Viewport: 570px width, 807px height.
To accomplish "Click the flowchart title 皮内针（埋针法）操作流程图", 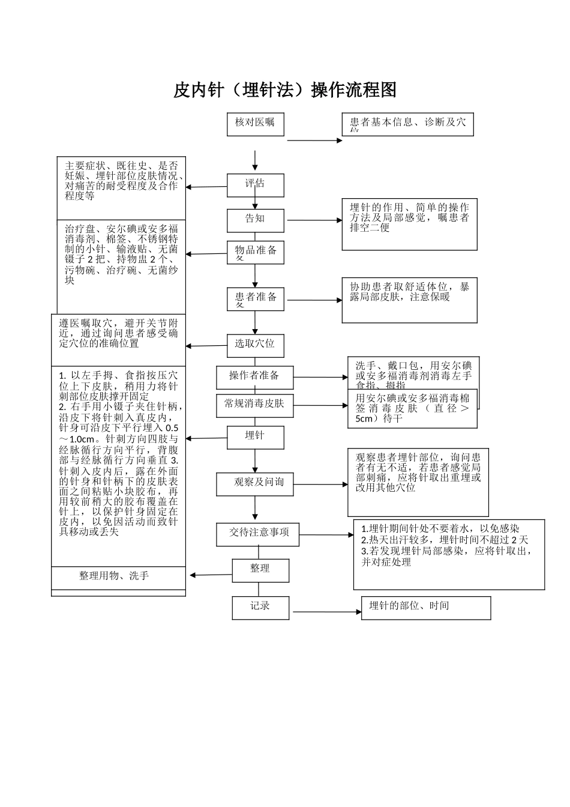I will (285, 90).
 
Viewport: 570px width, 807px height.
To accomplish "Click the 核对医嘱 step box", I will (255, 124).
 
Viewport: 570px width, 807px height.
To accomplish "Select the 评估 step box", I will (255, 185).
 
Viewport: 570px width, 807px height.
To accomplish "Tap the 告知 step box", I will (255, 220).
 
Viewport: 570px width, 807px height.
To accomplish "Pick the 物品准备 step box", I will (255, 252).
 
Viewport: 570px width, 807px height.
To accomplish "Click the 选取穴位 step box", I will (255, 345).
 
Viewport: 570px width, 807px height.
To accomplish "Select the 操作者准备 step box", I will (255, 377).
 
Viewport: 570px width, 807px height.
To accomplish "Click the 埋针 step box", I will (255, 437).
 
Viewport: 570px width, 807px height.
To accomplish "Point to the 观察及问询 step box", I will (255, 483).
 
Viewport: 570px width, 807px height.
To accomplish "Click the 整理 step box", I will (260, 570).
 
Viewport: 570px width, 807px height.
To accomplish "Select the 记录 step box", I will (260, 607).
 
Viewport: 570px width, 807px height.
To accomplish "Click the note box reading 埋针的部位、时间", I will (426, 607).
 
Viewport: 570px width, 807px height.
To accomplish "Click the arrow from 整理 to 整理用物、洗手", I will (211, 575).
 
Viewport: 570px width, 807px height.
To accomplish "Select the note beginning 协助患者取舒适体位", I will (410, 300).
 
